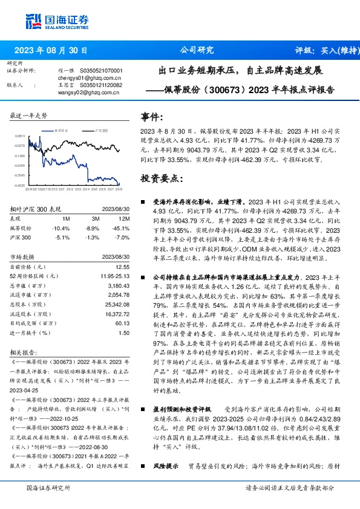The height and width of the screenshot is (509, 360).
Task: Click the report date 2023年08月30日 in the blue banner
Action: [51, 51]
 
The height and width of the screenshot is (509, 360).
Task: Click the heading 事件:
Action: [152, 117]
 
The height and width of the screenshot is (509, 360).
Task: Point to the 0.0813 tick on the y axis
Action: [21, 137]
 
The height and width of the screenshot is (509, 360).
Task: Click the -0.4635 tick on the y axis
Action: [21, 185]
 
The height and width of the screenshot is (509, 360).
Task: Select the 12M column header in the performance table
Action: [124, 218]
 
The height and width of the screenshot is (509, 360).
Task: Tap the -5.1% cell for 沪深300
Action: [61, 238]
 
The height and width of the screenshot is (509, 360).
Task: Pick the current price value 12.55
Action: [124, 267]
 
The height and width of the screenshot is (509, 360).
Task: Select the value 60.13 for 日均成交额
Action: [123, 324]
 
